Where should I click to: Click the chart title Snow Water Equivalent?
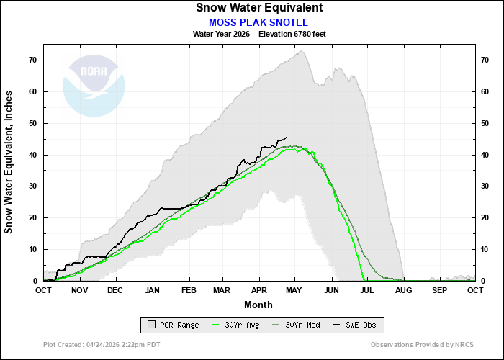pyautogui.click(x=258, y=8)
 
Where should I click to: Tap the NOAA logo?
pyautogui.click(x=94, y=86)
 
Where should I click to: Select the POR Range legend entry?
pyautogui.click(x=171, y=325)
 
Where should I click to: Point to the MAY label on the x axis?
pyautogui.click(x=294, y=290)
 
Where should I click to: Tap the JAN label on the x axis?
pyautogui.click(x=152, y=290)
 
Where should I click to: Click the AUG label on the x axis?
pyautogui.click(x=403, y=290)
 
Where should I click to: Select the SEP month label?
pyautogui.click(x=439, y=290)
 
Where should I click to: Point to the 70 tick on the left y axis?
pyautogui.click(x=33, y=60)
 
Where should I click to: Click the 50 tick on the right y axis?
pyautogui.click(x=485, y=123)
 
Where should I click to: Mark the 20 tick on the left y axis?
pyautogui.click(x=33, y=217)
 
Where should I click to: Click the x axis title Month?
pyautogui.click(x=258, y=305)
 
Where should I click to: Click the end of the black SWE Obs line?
pyautogui.click(x=287, y=137)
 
